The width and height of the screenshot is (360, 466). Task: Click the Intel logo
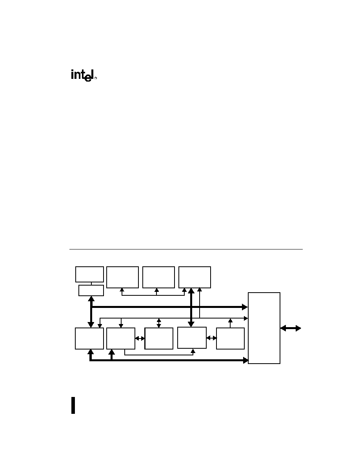pos(82,75)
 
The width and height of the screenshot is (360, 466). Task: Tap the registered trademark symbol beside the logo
pos(96,78)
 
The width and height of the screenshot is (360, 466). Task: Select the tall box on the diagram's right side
pos(264,328)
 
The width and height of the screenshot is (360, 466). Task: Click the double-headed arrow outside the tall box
pos(291,328)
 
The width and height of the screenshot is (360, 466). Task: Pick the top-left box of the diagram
pos(89,274)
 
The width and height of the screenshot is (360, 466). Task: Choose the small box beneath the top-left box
pos(91,290)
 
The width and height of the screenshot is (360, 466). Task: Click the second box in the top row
pos(122,277)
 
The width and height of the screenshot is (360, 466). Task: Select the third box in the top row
pos(158,277)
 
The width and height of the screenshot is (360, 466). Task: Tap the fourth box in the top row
pos(195,277)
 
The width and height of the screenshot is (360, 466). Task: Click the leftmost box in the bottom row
pos(89,338)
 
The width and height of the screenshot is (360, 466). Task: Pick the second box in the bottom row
pos(121,338)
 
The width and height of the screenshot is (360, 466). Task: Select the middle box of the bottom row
pos(159,338)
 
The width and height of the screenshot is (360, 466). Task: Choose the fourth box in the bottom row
pos(192,338)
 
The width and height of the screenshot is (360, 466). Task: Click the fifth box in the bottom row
pos(230,338)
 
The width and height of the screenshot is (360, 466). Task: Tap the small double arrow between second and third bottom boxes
pos(140,338)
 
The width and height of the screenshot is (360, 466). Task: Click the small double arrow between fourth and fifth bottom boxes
pos(211,338)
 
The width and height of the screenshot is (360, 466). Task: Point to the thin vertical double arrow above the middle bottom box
pos(159,323)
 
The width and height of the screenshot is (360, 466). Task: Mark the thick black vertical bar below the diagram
pos(73,405)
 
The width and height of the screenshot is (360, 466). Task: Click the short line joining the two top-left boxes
pos(91,284)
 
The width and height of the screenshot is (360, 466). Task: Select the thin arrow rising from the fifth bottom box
pos(230,323)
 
